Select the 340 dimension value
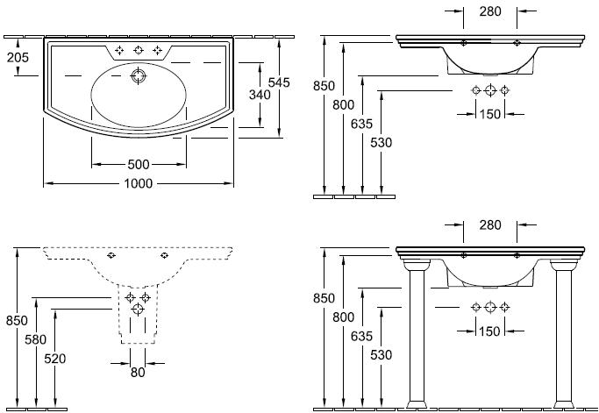258,94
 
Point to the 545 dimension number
279,82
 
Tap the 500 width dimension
138,164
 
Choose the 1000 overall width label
138,183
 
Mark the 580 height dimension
35,339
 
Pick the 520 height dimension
54,358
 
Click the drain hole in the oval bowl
137,77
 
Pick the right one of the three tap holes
157,50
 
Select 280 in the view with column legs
490,225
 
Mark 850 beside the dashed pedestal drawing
16,320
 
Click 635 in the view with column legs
361,334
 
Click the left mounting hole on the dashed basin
111,256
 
